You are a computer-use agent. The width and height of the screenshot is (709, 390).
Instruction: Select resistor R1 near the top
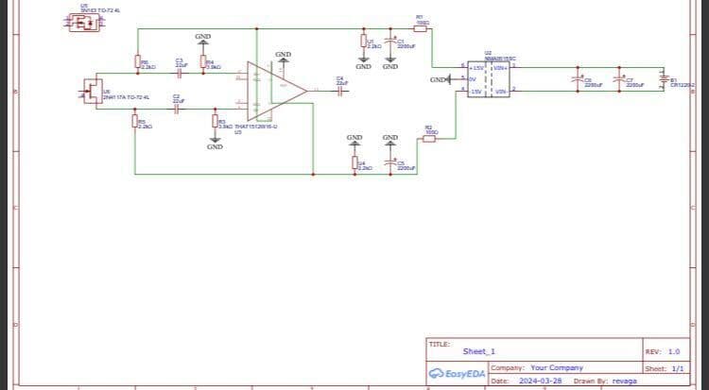coord(421,29)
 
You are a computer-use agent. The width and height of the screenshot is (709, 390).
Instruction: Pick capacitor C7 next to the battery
coord(622,81)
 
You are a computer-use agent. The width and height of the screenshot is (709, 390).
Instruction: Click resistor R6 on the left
coord(138,63)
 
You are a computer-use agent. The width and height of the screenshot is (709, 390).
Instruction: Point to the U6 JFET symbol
coord(92,92)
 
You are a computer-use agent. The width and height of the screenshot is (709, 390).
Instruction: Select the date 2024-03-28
coord(542,381)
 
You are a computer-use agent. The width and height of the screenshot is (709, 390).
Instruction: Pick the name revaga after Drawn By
coord(625,381)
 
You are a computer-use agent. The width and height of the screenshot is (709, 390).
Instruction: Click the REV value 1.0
coord(674,351)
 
